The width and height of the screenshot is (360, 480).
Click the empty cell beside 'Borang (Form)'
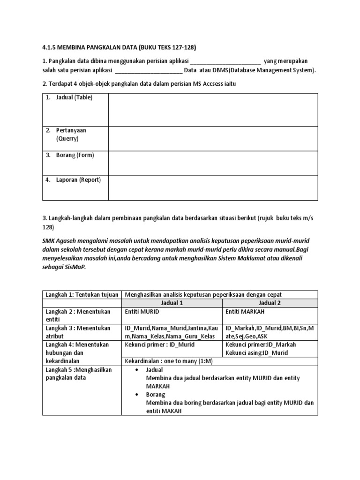(x=213, y=163)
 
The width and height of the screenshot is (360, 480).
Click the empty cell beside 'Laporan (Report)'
(x=213, y=187)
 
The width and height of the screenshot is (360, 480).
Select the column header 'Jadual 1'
(x=172, y=303)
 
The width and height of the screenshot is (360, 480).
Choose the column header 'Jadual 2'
(x=270, y=303)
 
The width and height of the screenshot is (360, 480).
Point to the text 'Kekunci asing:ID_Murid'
(x=256, y=352)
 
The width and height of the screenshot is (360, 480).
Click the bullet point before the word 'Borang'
(x=136, y=395)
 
